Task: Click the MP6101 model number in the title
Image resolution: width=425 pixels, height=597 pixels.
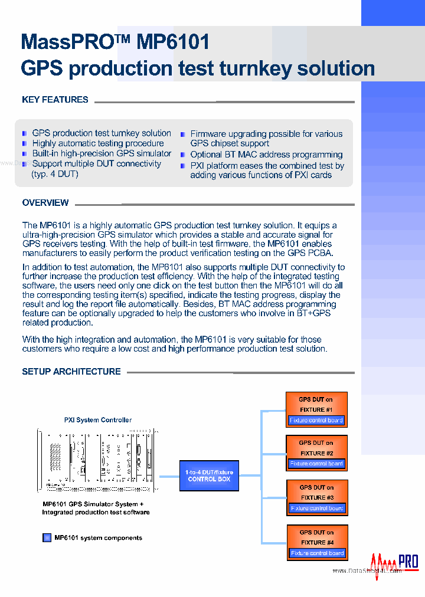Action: pos(173,42)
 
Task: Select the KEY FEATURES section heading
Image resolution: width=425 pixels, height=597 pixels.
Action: pos(55,100)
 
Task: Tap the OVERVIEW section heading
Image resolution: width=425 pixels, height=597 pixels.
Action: pos(45,203)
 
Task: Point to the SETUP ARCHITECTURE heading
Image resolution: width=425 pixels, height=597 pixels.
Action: pos(71,372)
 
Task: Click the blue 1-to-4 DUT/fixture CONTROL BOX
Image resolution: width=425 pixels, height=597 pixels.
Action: pos(209,475)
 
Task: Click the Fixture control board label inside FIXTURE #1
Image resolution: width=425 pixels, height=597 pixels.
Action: pos(316,421)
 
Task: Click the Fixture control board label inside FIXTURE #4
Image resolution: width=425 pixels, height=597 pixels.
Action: pos(317,553)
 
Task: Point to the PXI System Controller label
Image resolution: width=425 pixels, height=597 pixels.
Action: pos(98,420)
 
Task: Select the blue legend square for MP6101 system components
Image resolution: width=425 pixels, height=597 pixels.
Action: pos(47,538)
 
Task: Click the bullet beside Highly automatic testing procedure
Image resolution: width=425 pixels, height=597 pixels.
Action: pos(25,143)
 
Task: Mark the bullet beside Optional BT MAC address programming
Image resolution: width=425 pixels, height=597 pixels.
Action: pos(184,155)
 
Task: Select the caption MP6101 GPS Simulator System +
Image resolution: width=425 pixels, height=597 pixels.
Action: pos(93,504)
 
